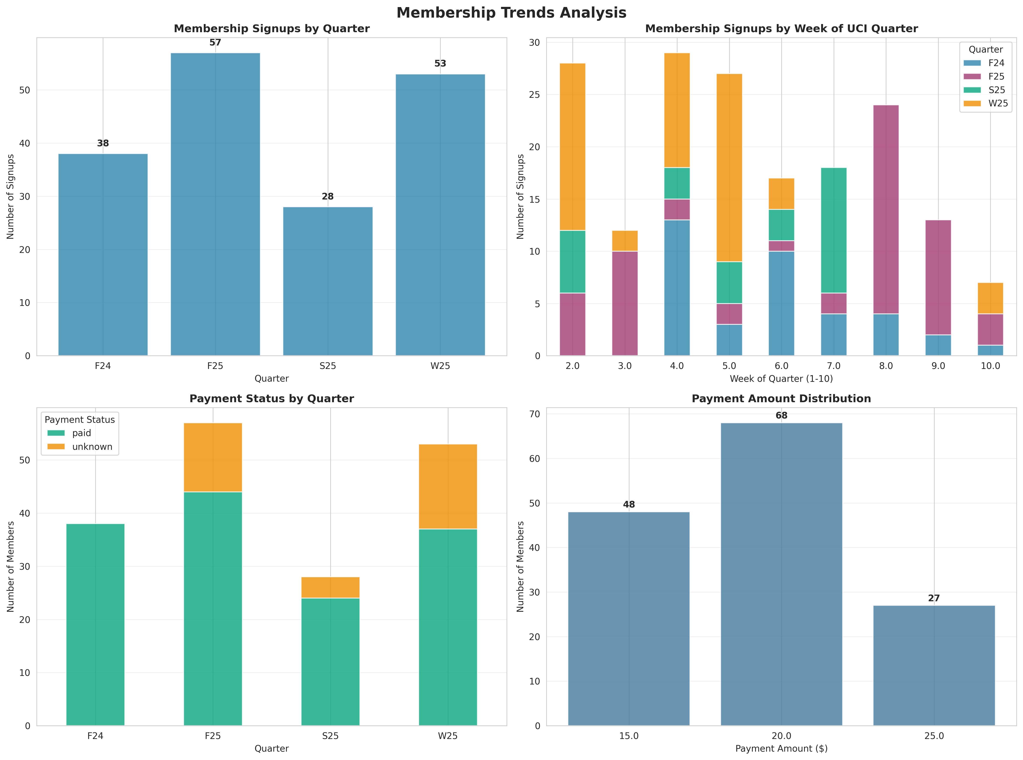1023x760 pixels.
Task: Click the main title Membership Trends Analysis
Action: pyautogui.click(x=511, y=13)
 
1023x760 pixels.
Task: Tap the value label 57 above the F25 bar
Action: pyautogui.click(x=215, y=43)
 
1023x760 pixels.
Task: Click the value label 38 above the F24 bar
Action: pyautogui.click(x=103, y=144)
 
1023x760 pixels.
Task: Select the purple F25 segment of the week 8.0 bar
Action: pyautogui.click(x=886, y=209)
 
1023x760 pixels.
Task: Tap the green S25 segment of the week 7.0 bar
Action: pyautogui.click(x=833, y=230)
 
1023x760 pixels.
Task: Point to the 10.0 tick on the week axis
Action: pyautogui.click(x=990, y=366)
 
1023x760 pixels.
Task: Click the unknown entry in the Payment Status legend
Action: pyautogui.click(x=81, y=447)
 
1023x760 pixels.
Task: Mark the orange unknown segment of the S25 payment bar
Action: pyautogui.click(x=330, y=588)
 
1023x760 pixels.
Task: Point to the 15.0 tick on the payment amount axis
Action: pyautogui.click(x=629, y=736)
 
